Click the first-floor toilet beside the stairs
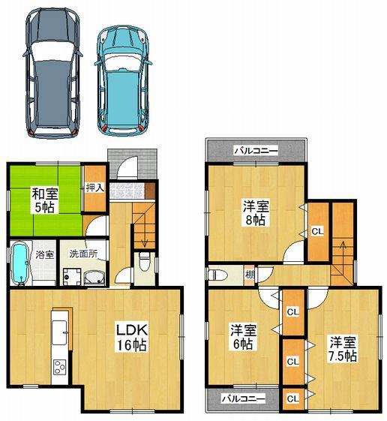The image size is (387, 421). pos(144,263)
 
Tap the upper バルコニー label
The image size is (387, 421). pos(255,151)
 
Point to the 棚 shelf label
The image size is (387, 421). pos(249,275)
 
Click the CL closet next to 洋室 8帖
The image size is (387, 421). pos(317,231)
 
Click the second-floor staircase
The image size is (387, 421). pos(343,255)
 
